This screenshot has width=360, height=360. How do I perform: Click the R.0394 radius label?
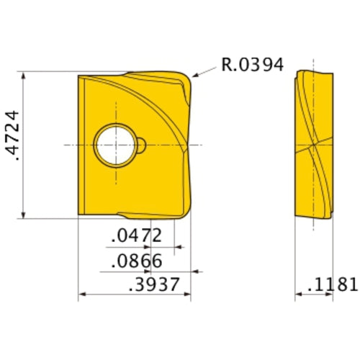(x=252, y=65)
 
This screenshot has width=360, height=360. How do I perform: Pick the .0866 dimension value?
(x=137, y=261)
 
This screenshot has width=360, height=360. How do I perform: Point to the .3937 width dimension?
(x=153, y=284)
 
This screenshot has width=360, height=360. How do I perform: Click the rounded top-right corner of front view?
(x=189, y=76)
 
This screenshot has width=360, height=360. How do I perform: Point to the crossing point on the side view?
(x=313, y=144)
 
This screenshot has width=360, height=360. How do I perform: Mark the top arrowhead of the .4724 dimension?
(x=25, y=74)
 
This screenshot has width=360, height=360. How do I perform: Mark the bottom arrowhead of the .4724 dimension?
(x=25, y=214)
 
